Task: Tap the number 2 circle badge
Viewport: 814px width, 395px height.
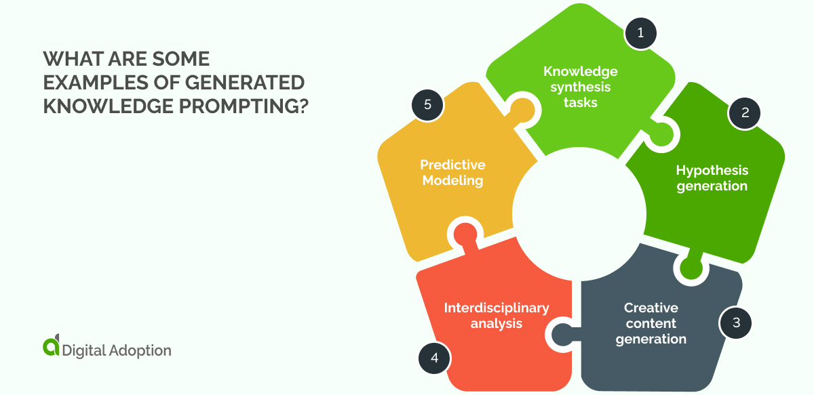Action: pyautogui.click(x=745, y=112)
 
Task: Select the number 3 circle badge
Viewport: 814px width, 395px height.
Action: pyautogui.click(x=736, y=323)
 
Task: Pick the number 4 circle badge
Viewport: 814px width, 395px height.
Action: pyautogui.click(x=433, y=358)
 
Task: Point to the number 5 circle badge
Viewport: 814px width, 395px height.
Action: pyautogui.click(x=427, y=105)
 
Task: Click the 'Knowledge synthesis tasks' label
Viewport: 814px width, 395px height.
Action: pyautogui.click(x=580, y=87)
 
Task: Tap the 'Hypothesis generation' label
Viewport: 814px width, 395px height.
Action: pyautogui.click(x=712, y=178)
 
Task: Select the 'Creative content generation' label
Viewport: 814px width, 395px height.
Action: pyautogui.click(x=651, y=323)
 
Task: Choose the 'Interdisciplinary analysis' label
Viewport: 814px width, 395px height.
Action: pyautogui.click(x=496, y=315)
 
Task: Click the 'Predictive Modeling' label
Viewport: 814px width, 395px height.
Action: pyautogui.click(x=452, y=173)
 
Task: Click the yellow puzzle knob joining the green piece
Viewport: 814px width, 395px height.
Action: pyautogui.click(x=521, y=108)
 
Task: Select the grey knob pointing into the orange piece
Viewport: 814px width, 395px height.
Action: pyautogui.click(x=562, y=333)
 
